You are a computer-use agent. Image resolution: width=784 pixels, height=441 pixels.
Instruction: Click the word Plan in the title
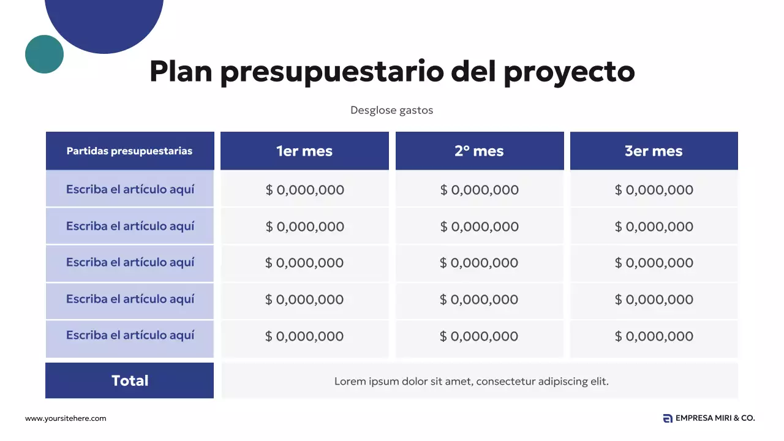[x=180, y=72]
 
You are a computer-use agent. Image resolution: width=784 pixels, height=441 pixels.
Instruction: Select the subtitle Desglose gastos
[x=391, y=110]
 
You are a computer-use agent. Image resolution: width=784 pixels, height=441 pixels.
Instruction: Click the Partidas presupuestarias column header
[x=129, y=151]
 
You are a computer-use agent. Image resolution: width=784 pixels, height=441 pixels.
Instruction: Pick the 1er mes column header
[x=304, y=151]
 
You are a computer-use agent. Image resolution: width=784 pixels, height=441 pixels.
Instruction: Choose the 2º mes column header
[x=479, y=151]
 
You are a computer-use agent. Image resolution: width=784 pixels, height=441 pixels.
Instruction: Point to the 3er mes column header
[x=654, y=151]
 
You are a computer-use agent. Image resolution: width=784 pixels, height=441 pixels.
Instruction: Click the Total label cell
[x=130, y=380]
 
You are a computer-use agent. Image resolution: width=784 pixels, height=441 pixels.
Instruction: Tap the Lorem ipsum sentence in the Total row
[x=471, y=381]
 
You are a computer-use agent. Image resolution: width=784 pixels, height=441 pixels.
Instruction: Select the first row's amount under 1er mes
[x=304, y=190]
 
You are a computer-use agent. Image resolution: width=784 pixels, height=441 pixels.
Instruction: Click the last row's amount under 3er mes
[x=654, y=336]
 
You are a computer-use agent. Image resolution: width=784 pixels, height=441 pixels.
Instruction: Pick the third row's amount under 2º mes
[x=479, y=263]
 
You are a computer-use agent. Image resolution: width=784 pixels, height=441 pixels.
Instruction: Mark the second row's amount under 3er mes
[x=654, y=227]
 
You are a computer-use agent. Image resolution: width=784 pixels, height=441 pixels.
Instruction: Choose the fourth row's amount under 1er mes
[x=304, y=300]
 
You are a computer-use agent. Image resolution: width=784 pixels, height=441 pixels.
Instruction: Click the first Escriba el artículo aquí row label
[x=130, y=189]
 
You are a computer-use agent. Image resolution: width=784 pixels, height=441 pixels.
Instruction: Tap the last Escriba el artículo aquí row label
[x=130, y=335]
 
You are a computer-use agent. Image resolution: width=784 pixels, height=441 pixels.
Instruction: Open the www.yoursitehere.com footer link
[x=66, y=418]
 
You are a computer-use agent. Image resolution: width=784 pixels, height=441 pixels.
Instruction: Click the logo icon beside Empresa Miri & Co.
[x=668, y=418]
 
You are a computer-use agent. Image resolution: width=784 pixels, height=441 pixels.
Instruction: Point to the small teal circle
[x=44, y=54]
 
